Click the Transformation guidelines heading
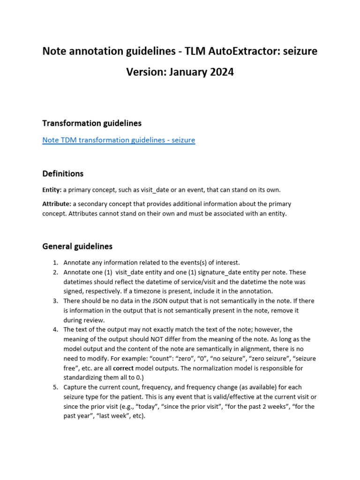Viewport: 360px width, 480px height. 92,123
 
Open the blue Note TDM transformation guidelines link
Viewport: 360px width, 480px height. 119,140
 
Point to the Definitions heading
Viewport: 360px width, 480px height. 63,173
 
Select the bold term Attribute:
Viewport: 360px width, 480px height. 57,204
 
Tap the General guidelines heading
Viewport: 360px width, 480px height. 77,246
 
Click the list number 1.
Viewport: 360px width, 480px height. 55,262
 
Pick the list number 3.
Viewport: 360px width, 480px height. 55,300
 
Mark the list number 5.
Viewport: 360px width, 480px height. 55,387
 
